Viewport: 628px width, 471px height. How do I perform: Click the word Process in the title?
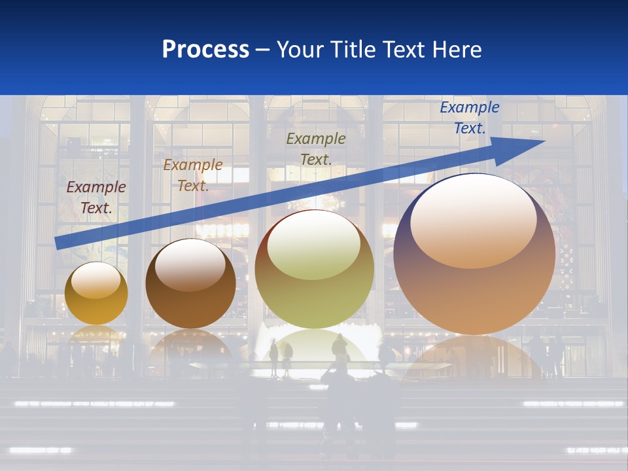[205, 49]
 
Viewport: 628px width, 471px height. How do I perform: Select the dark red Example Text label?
[96, 198]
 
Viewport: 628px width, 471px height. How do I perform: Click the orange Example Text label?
[192, 175]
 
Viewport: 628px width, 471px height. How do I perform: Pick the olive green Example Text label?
[316, 148]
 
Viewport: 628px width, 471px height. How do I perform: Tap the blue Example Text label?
[469, 118]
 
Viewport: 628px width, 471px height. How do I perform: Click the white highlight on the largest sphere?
[473, 219]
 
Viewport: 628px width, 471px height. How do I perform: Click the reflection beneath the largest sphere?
[474, 357]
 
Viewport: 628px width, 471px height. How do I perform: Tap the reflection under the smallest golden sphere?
[96, 335]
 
